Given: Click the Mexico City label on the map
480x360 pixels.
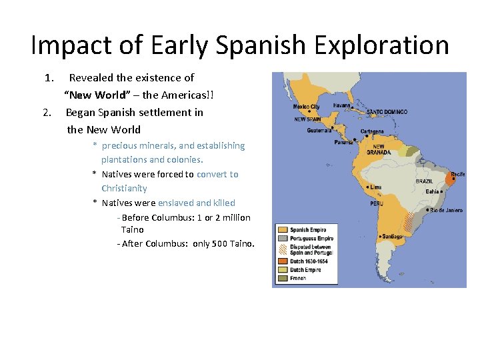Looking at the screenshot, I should pos(307,107).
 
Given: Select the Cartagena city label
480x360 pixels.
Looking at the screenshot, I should pos(371,131).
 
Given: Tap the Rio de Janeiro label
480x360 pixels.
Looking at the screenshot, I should pos(445,210).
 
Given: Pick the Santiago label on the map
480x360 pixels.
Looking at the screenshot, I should pos(393,236).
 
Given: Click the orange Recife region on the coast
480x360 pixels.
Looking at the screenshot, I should pos(451,179).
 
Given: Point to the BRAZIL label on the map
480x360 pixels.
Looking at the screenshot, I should pos(424,181).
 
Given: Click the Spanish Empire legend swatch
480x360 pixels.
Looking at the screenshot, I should pos(282,230).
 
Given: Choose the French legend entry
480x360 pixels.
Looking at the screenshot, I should pos(298,278).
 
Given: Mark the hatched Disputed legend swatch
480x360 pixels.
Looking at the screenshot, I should pos(282,249).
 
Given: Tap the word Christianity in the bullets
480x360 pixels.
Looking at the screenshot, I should pos(124,189).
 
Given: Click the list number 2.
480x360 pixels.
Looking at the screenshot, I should pos(46,113).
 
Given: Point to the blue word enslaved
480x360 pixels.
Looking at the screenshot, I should pos(176,203).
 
